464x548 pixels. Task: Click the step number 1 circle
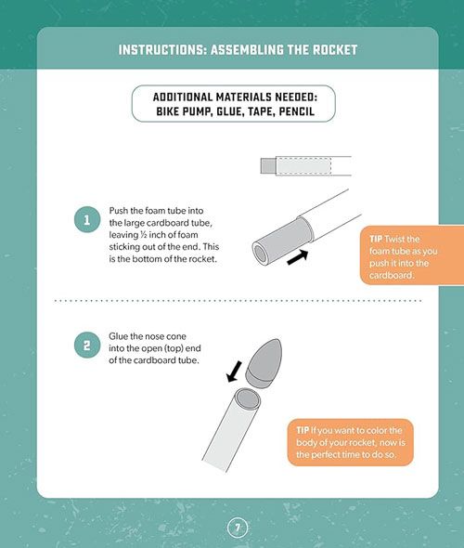[x=87, y=219]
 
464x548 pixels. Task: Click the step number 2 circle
[x=87, y=345]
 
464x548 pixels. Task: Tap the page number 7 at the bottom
[x=238, y=528]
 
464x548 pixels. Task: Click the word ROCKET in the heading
[x=335, y=50]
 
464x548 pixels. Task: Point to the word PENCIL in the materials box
[x=297, y=111]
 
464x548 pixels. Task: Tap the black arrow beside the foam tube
[x=298, y=257]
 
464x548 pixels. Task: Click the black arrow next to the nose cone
[x=234, y=372]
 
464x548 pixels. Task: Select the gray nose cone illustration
[x=264, y=363]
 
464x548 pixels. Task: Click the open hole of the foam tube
[x=260, y=252]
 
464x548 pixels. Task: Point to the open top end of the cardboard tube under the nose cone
[x=247, y=398]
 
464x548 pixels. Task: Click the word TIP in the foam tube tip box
[x=376, y=239]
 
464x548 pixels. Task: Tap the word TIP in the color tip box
[x=303, y=430]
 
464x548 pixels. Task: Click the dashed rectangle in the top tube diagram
[x=303, y=166]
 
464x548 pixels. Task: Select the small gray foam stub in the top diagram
[x=268, y=165]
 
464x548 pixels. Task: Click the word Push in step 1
[x=119, y=211]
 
